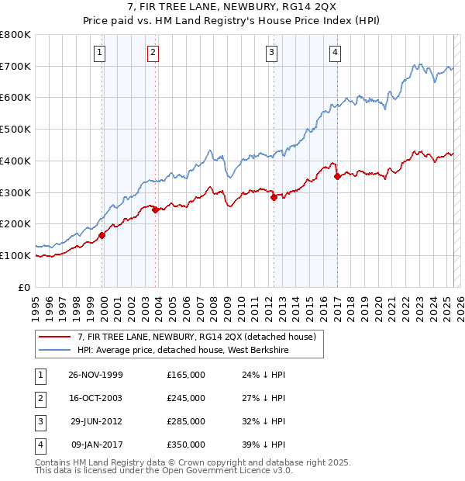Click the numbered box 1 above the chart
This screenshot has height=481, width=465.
pyautogui.click(x=102, y=53)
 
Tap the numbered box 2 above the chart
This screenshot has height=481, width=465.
pyautogui.click(x=153, y=53)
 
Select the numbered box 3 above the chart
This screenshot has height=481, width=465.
pyautogui.click(x=272, y=53)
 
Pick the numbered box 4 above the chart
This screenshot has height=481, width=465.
pyautogui.click(x=335, y=53)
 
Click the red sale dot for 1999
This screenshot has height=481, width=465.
pyautogui.click(x=102, y=235)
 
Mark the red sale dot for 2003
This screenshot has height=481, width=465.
pyautogui.click(x=155, y=209)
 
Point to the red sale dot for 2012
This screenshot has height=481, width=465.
pyautogui.click(x=274, y=197)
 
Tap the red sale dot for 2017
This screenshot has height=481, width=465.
pyautogui.click(x=337, y=176)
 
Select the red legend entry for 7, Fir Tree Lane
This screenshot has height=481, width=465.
pyautogui.click(x=196, y=337)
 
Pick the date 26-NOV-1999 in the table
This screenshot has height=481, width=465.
pyautogui.click(x=95, y=375)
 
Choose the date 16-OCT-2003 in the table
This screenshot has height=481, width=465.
pyautogui.click(x=95, y=398)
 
